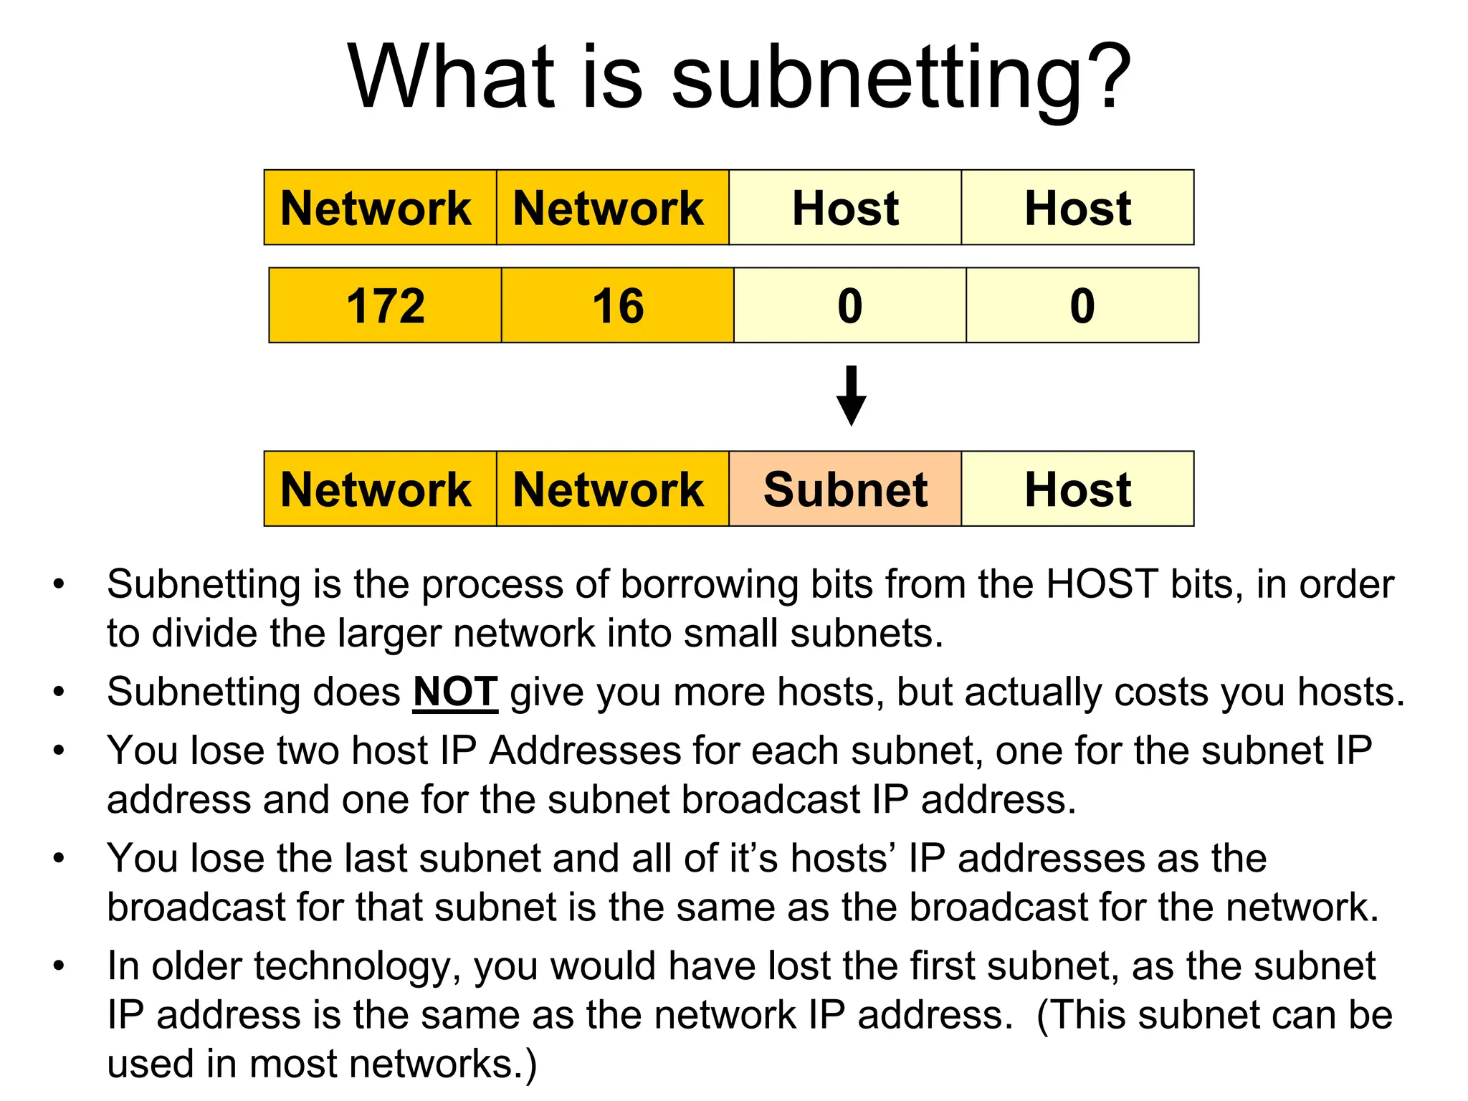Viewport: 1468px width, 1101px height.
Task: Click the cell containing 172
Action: coord(385,305)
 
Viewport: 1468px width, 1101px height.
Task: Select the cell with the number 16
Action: coord(617,305)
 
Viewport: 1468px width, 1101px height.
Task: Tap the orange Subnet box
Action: coord(845,489)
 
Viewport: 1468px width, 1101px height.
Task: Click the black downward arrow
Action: coord(851,396)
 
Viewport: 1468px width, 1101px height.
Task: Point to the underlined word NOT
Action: coord(455,692)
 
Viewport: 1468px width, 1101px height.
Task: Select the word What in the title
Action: coord(452,77)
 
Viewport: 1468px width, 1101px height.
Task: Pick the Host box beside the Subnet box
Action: coord(1077,489)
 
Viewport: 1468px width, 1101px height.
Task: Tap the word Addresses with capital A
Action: coord(586,751)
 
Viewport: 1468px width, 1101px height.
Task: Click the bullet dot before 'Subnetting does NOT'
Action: coord(59,692)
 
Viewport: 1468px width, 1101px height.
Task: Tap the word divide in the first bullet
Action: coord(203,634)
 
